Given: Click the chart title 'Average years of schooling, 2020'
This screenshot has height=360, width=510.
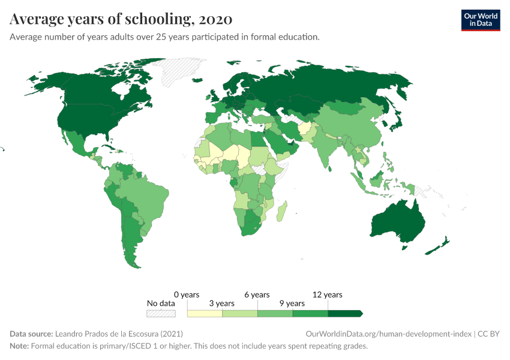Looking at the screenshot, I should click(x=121, y=19).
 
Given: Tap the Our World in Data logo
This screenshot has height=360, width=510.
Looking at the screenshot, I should click(x=480, y=19).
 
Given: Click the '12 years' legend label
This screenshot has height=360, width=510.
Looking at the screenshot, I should click(x=328, y=295).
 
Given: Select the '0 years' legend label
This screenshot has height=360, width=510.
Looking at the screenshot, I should click(x=187, y=295).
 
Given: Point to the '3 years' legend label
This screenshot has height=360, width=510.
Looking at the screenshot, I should click(x=221, y=304).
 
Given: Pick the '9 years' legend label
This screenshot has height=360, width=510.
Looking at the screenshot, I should click(x=292, y=304).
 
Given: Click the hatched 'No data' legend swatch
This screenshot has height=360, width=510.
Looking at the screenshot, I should click(x=161, y=313).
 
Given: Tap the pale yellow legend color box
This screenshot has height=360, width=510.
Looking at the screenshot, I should click(x=205, y=313).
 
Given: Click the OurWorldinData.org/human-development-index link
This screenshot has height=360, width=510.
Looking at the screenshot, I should click(x=388, y=334).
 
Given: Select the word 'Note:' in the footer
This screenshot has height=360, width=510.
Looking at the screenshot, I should click(x=19, y=346).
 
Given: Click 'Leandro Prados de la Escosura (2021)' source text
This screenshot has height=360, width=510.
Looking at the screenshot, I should click(x=119, y=334).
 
